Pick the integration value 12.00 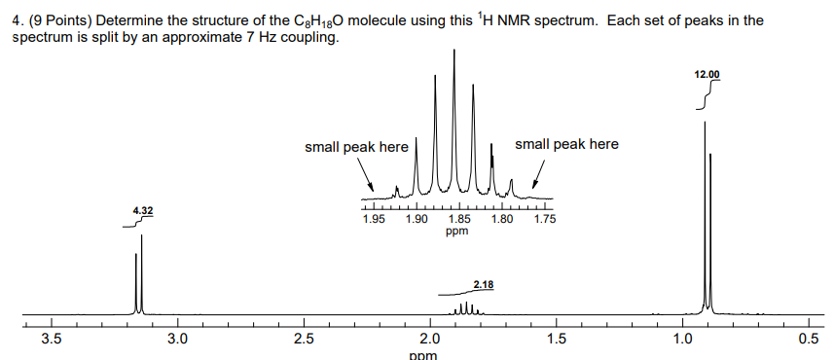click(707, 74)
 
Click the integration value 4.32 click(143, 211)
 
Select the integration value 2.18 click(483, 284)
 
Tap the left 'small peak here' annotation click(356, 147)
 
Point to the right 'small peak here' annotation click(565, 144)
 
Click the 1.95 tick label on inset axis click(373, 220)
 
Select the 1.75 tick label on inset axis click(544, 220)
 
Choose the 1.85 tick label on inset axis click(457, 220)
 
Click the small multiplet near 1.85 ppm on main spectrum click(466, 309)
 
